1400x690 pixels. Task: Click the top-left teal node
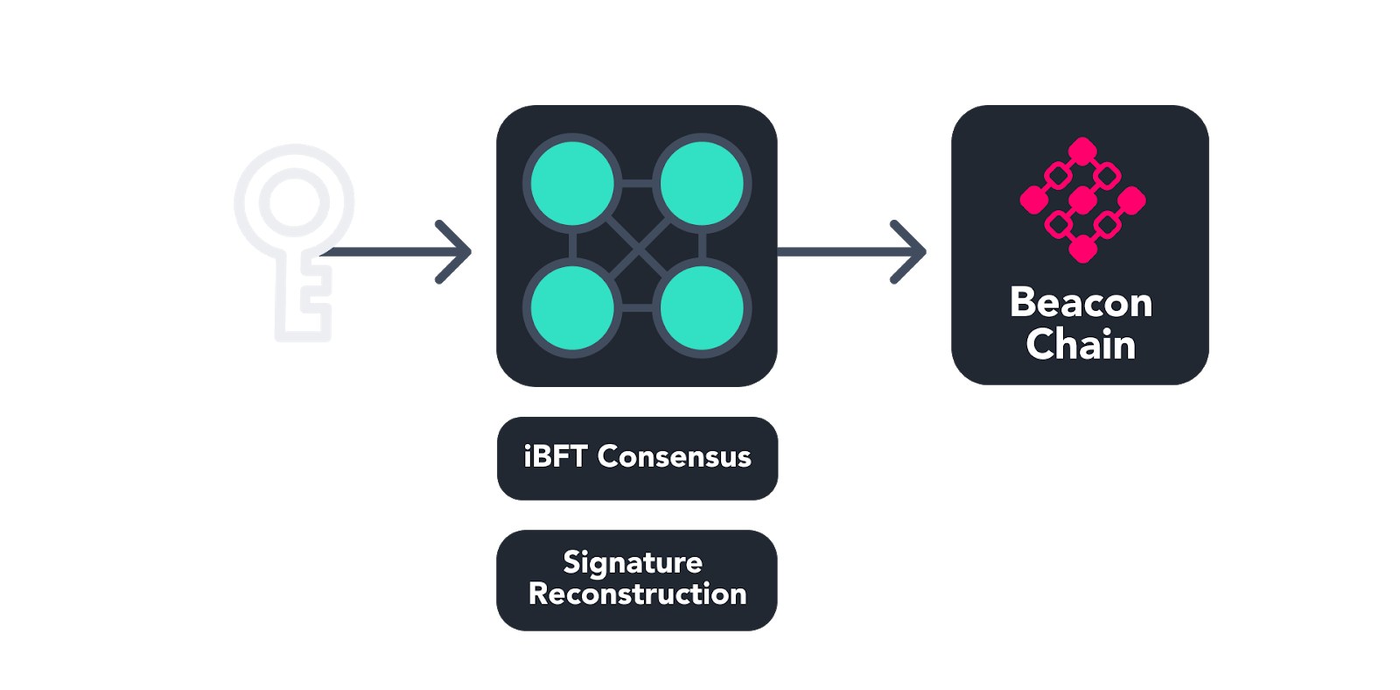point(573,185)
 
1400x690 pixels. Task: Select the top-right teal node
point(702,185)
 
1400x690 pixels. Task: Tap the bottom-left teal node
point(573,308)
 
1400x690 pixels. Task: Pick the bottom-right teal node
point(702,308)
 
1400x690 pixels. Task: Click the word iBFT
point(555,457)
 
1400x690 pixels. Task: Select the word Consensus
point(675,457)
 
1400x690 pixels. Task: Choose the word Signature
point(633,562)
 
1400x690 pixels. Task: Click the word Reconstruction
point(637,595)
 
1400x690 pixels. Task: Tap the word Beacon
point(1081,303)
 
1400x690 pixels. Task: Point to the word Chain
point(1081,345)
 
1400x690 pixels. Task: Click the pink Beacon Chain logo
point(1082,200)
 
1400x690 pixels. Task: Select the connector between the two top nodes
point(638,184)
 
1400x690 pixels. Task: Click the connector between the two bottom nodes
point(638,308)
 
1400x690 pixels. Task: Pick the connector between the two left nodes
point(573,247)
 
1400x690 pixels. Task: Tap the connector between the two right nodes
point(703,247)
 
